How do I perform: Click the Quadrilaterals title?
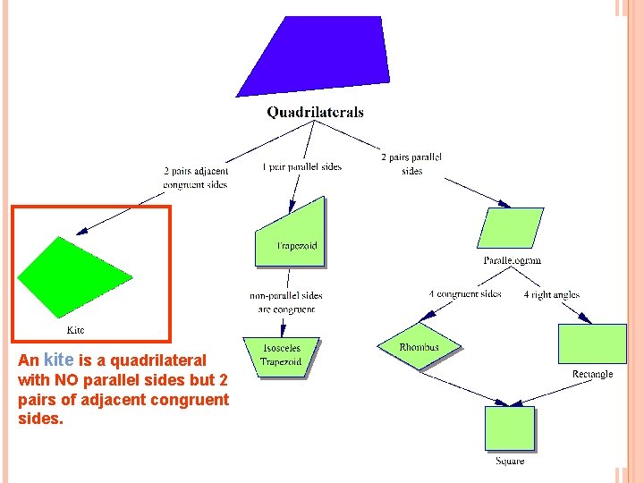click(315, 113)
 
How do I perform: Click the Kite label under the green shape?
click(76, 330)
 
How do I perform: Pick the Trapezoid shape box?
click(291, 234)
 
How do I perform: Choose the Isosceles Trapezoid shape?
click(281, 356)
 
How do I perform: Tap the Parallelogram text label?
click(513, 260)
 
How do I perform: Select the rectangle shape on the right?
click(592, 343)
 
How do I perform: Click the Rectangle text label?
click(592, 374)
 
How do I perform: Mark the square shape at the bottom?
click(510, 428)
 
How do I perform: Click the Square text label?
click(510, 461)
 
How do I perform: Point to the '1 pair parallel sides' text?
click(301, 166)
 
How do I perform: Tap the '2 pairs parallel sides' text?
click(411, 164)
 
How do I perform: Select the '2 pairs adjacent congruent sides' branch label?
click(196, 177)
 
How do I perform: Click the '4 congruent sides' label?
click(465, 294)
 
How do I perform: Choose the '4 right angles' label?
click(552, 294)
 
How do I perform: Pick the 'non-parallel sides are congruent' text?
click(286, 302)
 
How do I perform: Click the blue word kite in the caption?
click(58, 360)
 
